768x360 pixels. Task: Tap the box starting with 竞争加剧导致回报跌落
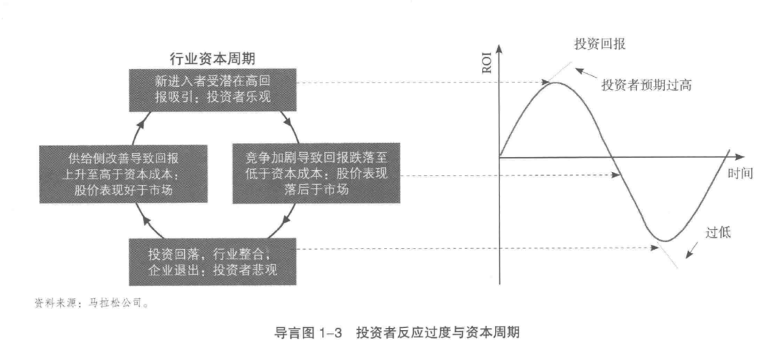[x=315, y=173]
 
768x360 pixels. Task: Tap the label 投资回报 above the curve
[x=598, y=44]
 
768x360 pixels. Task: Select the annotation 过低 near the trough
[x=717, y=232]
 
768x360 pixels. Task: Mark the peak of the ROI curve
[x=555, y=83]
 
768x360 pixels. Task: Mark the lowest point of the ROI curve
[x=663, y=240]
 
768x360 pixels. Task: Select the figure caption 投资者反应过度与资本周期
[x=442, y=332]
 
